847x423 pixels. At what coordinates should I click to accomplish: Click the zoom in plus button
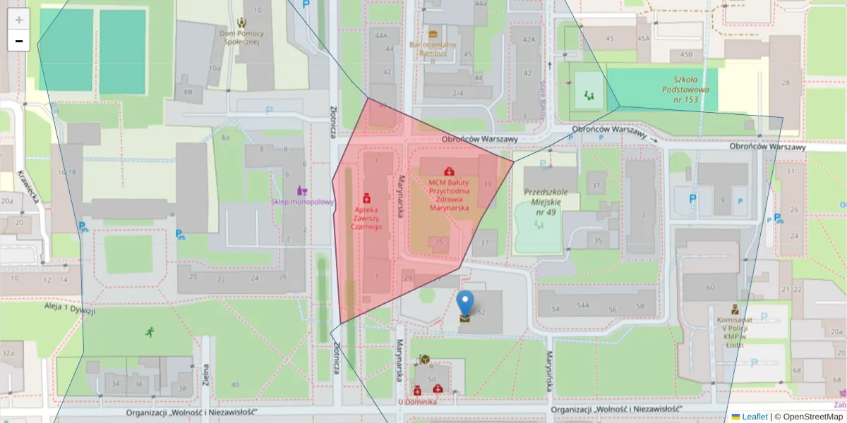click(x=19, y=20)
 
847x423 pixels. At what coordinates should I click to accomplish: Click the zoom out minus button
click(x=19, y=41)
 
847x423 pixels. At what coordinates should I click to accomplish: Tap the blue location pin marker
click(x=465, y=303)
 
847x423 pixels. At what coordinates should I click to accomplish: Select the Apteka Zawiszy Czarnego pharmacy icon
click(x=366, y=199)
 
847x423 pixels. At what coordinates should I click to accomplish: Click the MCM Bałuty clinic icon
click(x=448, y=171)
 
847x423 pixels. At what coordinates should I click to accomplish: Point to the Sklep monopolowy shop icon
click(x=302, y=190)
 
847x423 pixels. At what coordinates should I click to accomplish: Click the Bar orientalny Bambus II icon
click(x=433, y=34)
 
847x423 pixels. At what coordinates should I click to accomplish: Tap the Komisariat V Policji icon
click(x=735, y=309)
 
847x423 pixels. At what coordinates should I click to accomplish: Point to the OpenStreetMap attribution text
click(x=812, y=417)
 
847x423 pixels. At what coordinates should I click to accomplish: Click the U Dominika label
click(x=416, y=402)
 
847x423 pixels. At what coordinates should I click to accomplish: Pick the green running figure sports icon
click(x=149, y=331)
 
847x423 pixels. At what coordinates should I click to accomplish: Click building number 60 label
click(x=709, y=288)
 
